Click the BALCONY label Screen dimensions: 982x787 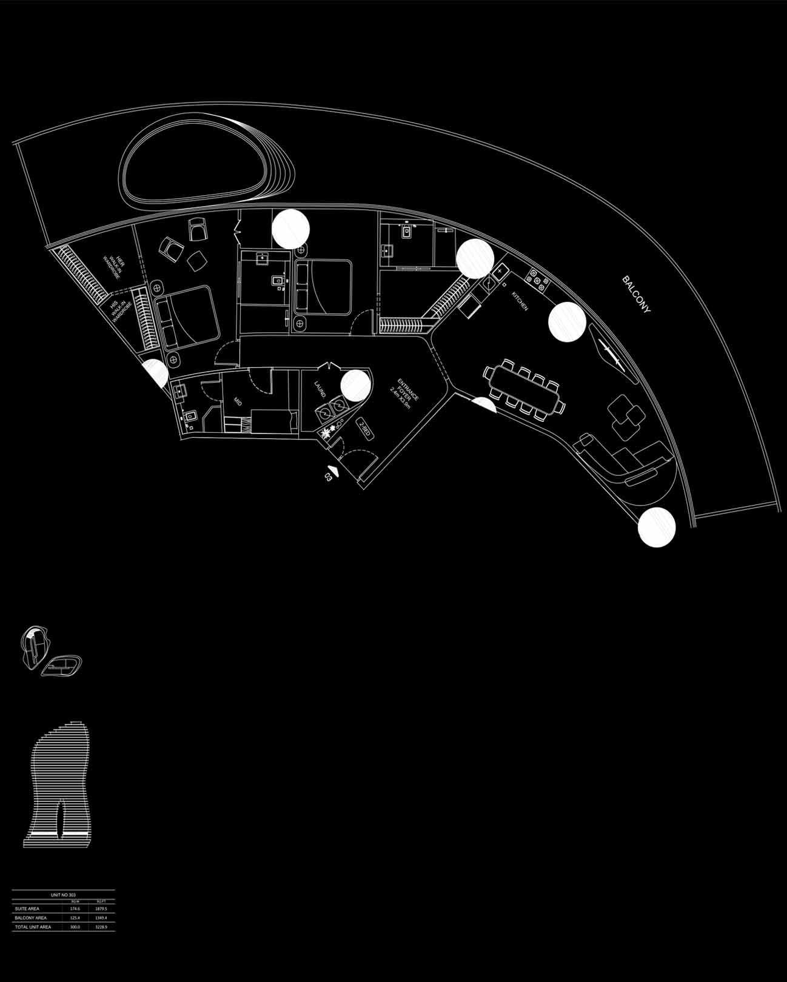636,295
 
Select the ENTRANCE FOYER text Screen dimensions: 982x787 405,393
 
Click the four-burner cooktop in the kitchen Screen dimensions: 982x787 537,279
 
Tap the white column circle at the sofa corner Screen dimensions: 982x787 657,528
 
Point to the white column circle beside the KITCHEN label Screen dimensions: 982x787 567,321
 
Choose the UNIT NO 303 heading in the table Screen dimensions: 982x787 63,894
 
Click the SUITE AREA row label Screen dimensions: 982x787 27,909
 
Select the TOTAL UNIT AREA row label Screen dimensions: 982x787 33,927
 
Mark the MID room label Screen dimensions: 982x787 238,401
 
